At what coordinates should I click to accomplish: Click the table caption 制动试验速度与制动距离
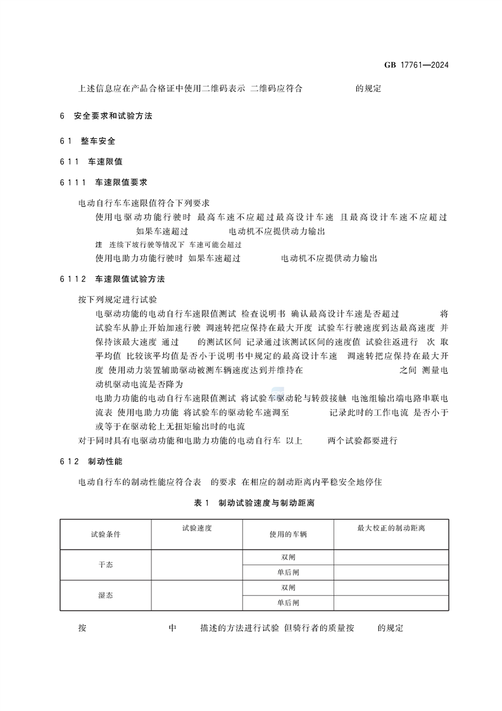click(x=266, y=502)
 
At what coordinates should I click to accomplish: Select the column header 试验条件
click(x=106, y=534)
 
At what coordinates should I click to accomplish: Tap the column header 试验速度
click(x=196, y=527)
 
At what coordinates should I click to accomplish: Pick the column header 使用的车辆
click(x=288, y=534)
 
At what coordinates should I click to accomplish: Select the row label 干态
click(x=106, y=565)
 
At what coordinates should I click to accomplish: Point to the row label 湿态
click(x=106, y=596)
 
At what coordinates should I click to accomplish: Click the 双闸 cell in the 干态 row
click(x=288, y=557)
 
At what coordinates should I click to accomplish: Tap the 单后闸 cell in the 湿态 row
click(x=288, y=603)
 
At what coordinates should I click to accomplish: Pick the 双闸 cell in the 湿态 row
click(x=288, y=587)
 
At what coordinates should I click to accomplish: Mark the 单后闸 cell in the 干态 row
click(x=288, y=572)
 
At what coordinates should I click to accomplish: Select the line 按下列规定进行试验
click(x=117, y=298)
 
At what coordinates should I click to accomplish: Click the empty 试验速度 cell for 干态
click(x=196, y=565)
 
